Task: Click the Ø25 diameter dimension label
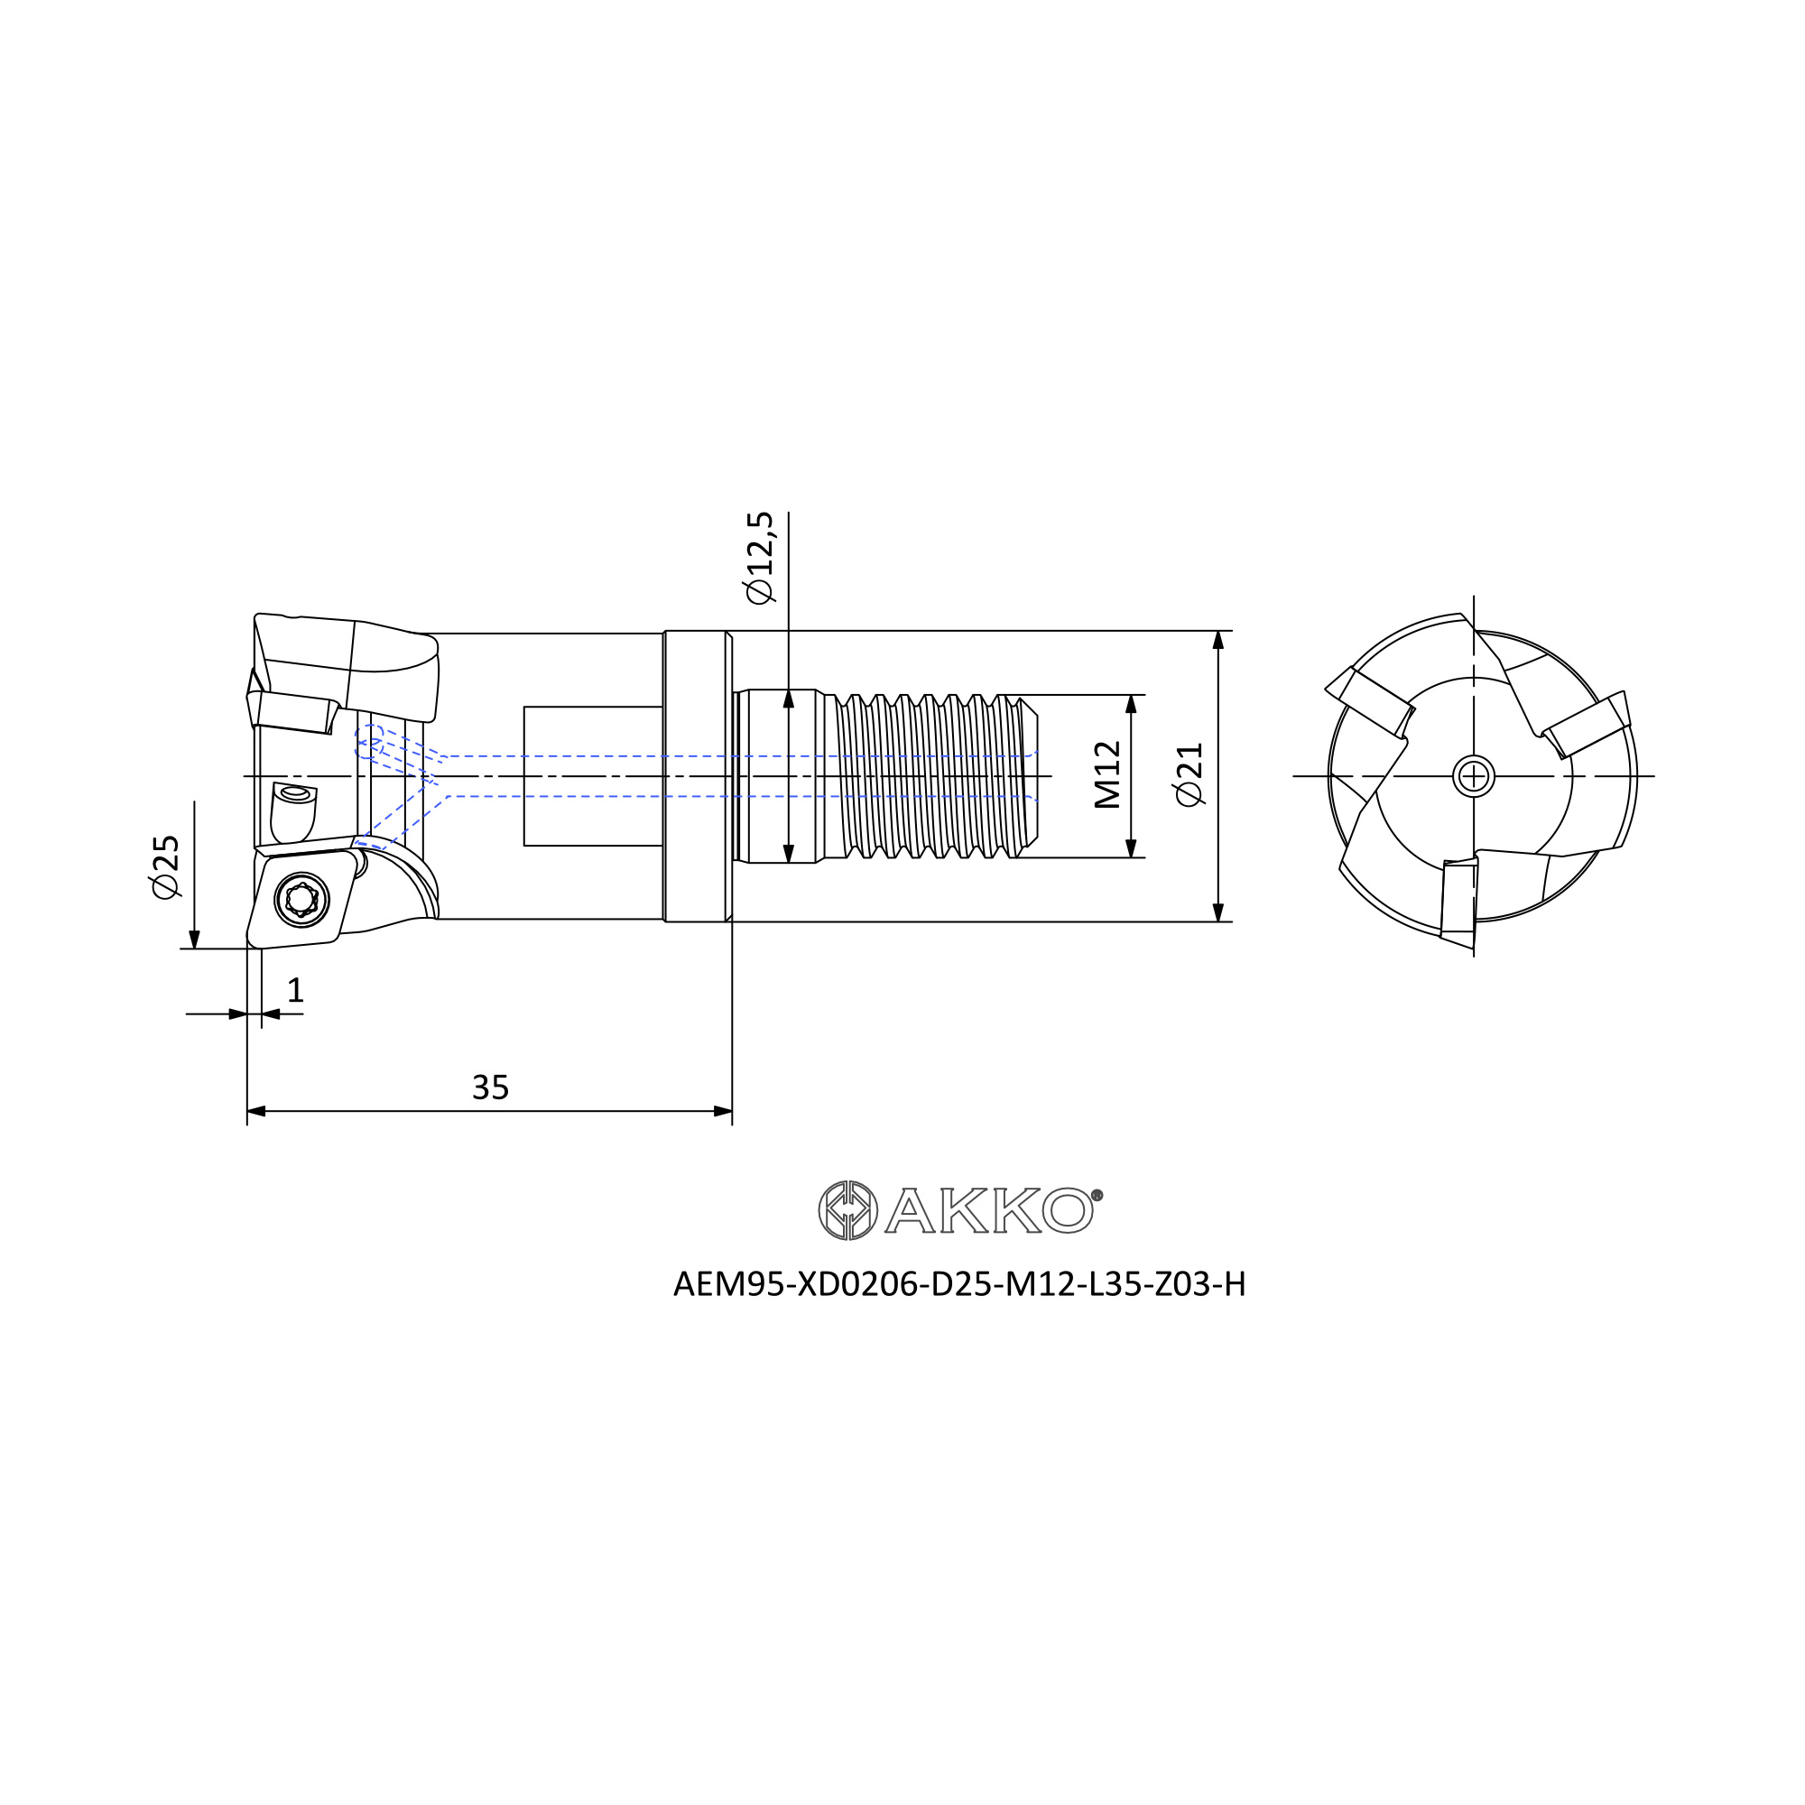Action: pyautogui.click(x=165, y=867)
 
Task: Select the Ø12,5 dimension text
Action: pyautogui.click(x=760, y=558)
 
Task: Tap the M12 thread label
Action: pyautogui.click(x=1107, y=774)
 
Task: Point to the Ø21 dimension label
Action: pyautogui.click(x=1190, y=774)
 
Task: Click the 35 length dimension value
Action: pyautogui.click(x=490, y=1088)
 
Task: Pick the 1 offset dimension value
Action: pyautogui.click(x=295, y=990)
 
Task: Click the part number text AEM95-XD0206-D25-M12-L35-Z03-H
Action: pyautogui.click(x=959, y=1284)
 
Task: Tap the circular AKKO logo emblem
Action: pyautogui.click(x=847, y=1210)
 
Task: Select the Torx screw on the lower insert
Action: pyautogui.click(x=301, y=900)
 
